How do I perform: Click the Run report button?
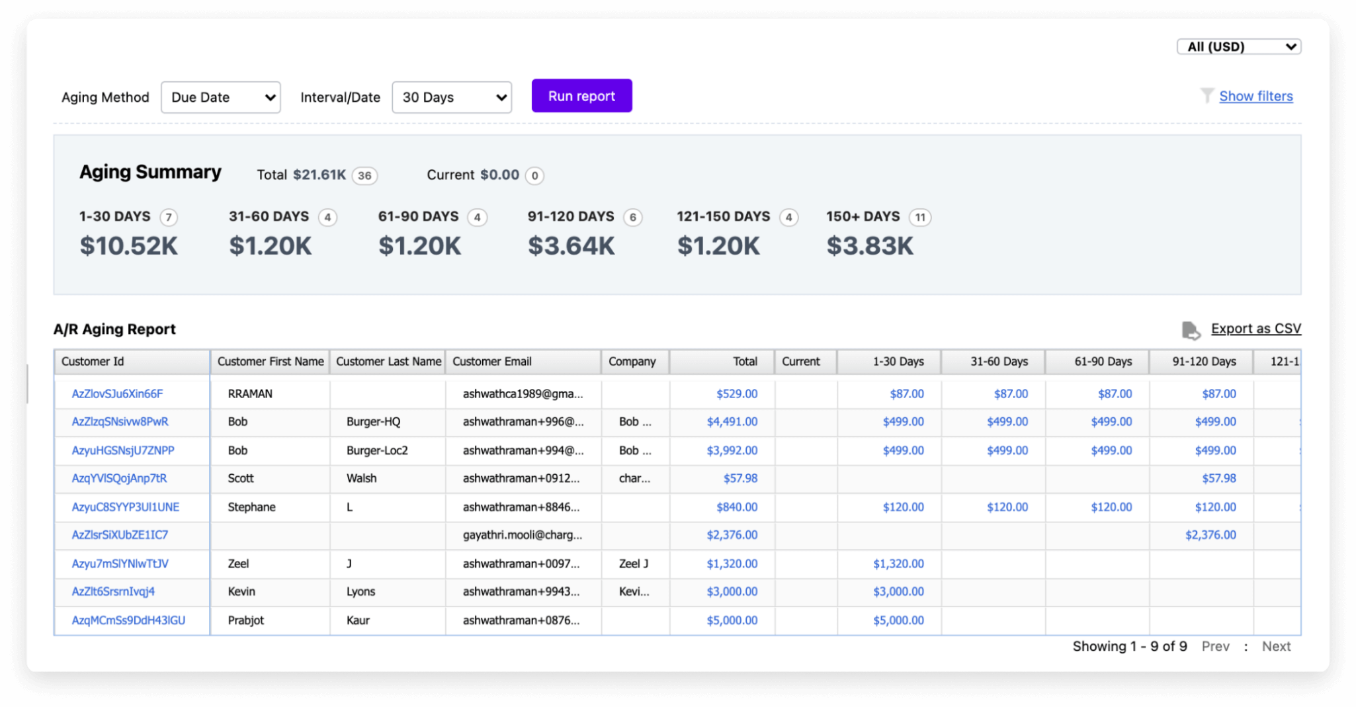pyautogui.click(x=581, y=96)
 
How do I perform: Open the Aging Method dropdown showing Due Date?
pyautogui.click(x=220, y=97)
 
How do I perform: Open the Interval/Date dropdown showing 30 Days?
pyautogui.click(x=451, y=97)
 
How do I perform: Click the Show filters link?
pyautogui.click(x=1255, y=96)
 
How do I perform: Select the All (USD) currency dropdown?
pyautogui.click(x=1238, y=46)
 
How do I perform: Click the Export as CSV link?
pyautogui.click(x=1255, y=329)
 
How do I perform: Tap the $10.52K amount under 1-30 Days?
pyautogui.click(x=129, y=246)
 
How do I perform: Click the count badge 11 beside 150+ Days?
pyautogui.click(x=920, y=217)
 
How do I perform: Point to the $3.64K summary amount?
pyautogui.click(x=572, y=246)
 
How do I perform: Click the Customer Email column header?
pyautogui.click(x=492, y=361)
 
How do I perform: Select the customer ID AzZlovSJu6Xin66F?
pyautogui.click(x=117, y=394)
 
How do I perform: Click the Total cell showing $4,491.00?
pyautogui.click(x=732, y=421)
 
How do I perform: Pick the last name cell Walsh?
pyautogui.click(x=361, y=478)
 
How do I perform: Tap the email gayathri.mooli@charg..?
pyautogui.click(x=523, y=535)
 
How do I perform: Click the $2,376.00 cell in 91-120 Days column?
pyautogui.click(x=1210, y=535)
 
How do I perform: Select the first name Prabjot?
pyautogui.click(x=245, y=620)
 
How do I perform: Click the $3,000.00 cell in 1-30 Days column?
pyautogui.click(x=898, y=591)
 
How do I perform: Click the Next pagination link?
pyautogui.click(x=1276, y=646)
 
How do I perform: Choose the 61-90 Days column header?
pyautogui.click(x=1103, y=361)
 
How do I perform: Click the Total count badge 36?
pyautogui.click(x=364, y=175)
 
